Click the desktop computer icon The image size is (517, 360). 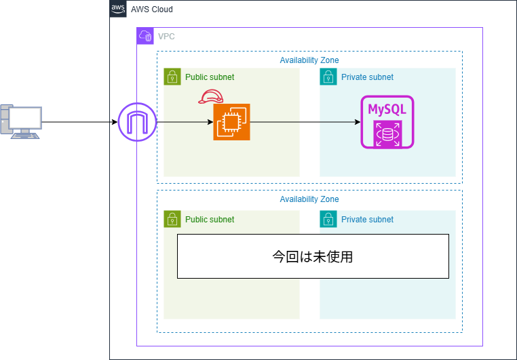(x=20, y=121)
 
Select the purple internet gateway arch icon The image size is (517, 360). (x=137, y=123)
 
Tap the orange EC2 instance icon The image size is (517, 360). (x=231, y=122)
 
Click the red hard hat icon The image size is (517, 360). (x=210, y=97)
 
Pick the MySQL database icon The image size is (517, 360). (x=387, y=122)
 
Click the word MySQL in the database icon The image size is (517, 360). (x=387, y=109)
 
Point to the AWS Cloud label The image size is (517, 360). (x=152, y=9)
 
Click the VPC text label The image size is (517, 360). (x=166, y=37)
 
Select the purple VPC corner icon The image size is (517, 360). (x=145, y=36)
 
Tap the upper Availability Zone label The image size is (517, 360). (x=309, y=60)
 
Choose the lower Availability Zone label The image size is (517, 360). (x=309, y=199)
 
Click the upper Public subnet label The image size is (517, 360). (x=210, y=77)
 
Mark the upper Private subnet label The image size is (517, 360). (x=367, y=77)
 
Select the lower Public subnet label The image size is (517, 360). (x=210, y=220)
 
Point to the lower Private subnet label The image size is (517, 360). (x=367, y=220)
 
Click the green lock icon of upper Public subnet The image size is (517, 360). (x=172, y=77)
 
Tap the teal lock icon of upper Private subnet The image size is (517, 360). (x=328, y=77)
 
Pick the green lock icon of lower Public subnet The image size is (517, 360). (x=172, y=219)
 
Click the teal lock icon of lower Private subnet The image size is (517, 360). (x=328, y=219)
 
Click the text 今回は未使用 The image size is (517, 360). (x=313, y=257)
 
